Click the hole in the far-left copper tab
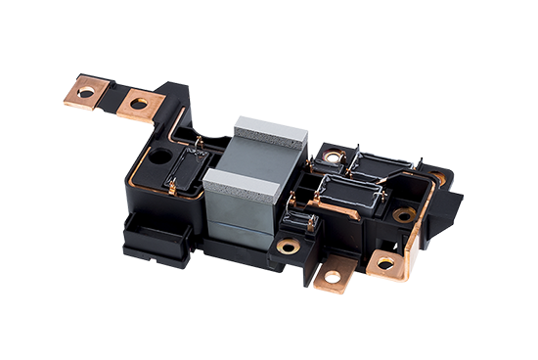(87, 93)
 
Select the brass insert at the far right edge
(435, 180)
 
